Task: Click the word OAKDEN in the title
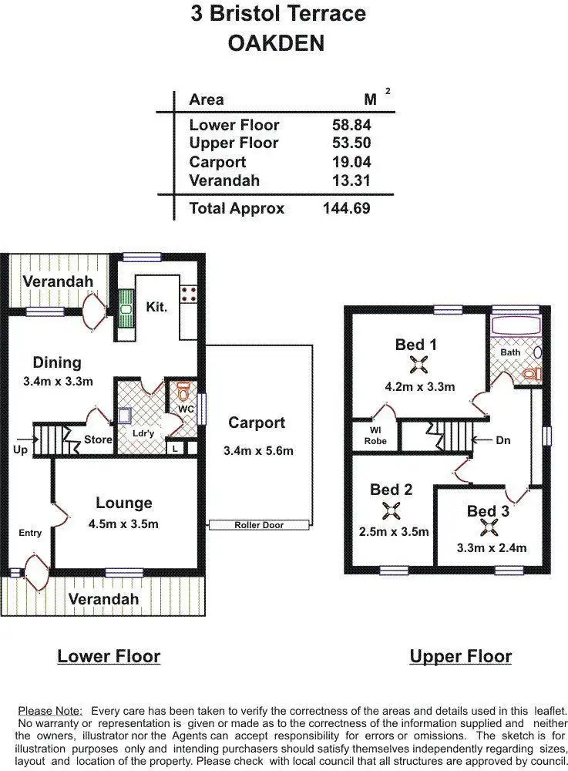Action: point(276,44)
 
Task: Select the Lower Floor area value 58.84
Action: point(347,125)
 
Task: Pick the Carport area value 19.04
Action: point(347,162)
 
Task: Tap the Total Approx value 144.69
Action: point(346,208)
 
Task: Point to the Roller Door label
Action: point(259,525)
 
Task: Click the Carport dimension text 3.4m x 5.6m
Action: point(257,450)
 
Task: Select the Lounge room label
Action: point(123,503)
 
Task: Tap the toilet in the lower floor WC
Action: point(183,389)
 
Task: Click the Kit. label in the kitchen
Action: point(156,307)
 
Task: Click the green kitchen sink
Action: point(125,308)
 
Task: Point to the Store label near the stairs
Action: point(98,439)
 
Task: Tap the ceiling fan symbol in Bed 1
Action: point(416,365)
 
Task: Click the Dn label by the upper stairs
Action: point(503,440)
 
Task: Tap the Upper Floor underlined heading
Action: point(460,656)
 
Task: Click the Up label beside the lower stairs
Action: point(20,449)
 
